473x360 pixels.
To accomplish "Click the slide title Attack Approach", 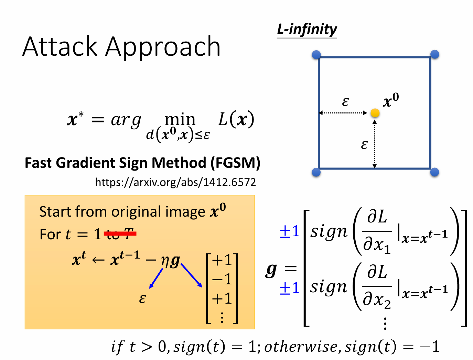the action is point(121,46).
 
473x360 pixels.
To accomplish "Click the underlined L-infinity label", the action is point(307,30).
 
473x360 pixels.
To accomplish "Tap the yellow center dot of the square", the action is point(375,113).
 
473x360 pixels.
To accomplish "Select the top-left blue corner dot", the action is point(316,54).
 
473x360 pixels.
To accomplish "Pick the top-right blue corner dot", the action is point(435,54).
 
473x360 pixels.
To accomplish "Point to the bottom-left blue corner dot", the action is point(316,172).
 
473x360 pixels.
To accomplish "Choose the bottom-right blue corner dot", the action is point(435,172).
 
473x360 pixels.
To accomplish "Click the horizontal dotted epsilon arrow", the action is point(343,113).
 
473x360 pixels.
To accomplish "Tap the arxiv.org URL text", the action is point(175,182).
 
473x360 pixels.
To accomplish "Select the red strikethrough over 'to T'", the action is point(120,234).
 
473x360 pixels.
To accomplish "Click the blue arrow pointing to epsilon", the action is point(156,278).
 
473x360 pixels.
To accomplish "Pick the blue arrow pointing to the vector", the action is point(191,275).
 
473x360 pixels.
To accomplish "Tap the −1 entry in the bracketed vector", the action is point(222,279).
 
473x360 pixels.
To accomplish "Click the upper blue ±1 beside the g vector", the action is point(290,231).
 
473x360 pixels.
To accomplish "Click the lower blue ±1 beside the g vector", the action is point(290,287).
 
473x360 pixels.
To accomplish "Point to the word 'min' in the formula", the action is point(180,120).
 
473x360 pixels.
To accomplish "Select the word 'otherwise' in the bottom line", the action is point(301,347).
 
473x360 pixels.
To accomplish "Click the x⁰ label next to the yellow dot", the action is point(391,100).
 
